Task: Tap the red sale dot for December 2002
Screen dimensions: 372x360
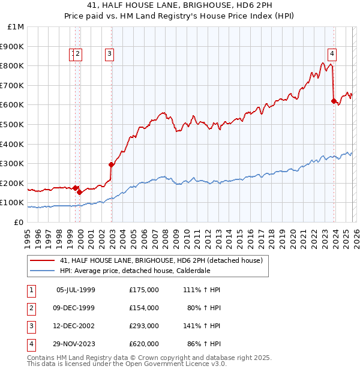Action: pyautogui.click(x=111, y=164)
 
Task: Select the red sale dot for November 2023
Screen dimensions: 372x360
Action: pyautogui.click(x=334, y=101)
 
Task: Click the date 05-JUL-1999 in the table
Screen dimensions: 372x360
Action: pyautogui.click(x=76, y=290)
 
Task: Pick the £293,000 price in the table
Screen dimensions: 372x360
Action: pyautogui.click(x=144, y=326)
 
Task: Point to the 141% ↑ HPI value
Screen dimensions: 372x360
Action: pyautogui.click(x=200, y=326)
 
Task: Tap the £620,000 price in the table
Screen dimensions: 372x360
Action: pyautogui.click(x=144, y=344)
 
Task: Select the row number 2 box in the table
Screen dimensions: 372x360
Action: pyautogui.click(x=31, y=308)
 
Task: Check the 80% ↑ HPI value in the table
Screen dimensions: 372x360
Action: pyautogui.click(x=202, y=308)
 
